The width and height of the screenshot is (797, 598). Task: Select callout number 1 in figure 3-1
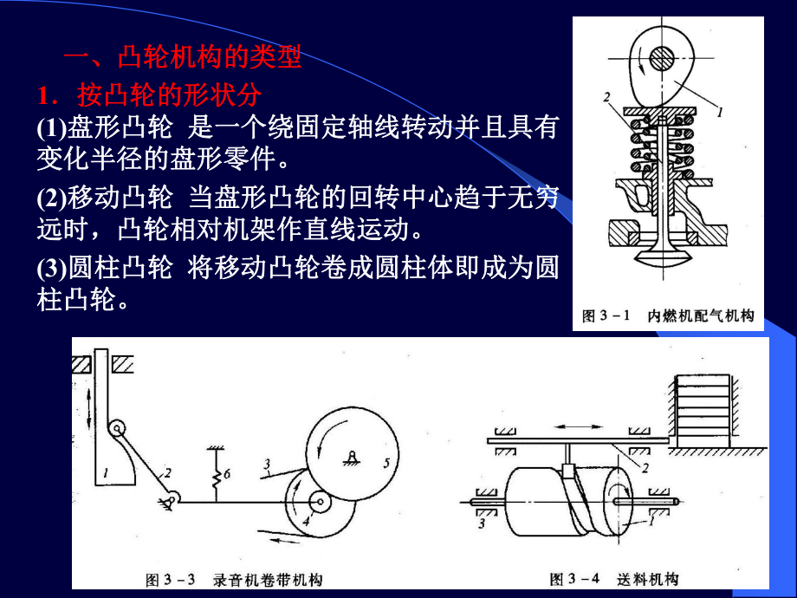[x=719, y=111]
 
